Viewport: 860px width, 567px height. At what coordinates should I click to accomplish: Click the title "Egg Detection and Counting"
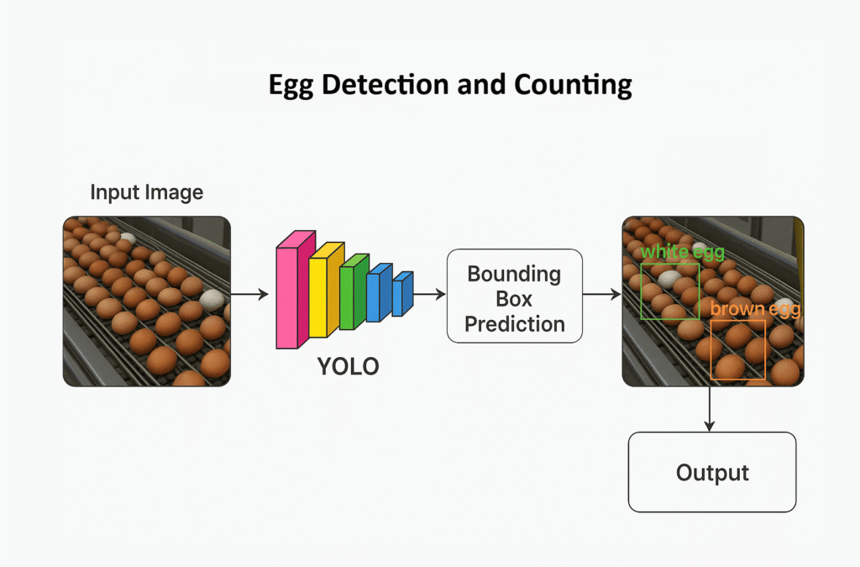pos(449,86)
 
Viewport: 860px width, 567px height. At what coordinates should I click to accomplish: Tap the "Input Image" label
pos(146,192)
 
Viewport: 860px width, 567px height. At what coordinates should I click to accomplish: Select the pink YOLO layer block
pos(291,291)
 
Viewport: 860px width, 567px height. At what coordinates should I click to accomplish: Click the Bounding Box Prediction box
pos(514,296)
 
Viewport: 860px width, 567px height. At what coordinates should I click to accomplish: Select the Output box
pos(711,472)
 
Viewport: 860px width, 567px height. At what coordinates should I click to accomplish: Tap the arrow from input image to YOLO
pos(249,295)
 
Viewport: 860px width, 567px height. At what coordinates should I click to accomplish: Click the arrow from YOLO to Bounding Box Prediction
pos(429,295)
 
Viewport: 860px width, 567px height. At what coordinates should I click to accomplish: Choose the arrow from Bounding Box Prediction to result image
pos(600,295)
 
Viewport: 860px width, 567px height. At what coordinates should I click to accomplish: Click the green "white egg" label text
pos(682,252)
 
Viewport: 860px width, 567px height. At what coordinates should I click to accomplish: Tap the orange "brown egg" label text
pos(754,309)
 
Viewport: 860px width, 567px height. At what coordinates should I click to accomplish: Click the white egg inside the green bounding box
pos(669,279)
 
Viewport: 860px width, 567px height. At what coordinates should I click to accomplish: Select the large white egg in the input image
pos(212,298)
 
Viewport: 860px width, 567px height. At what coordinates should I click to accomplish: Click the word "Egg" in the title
pos(288,86)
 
